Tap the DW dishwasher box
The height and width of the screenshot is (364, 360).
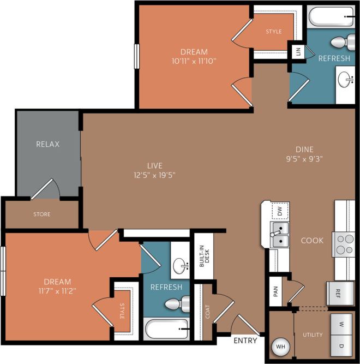[x=280, y=210]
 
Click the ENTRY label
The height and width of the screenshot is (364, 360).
[x=245, y=341]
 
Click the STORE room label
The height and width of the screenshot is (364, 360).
[x=41, y=214]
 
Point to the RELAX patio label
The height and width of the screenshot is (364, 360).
[x=47, y=145]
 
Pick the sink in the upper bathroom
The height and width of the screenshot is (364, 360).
[x=345, y=81]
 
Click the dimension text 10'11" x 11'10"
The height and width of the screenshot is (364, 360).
[x=195, y=61]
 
